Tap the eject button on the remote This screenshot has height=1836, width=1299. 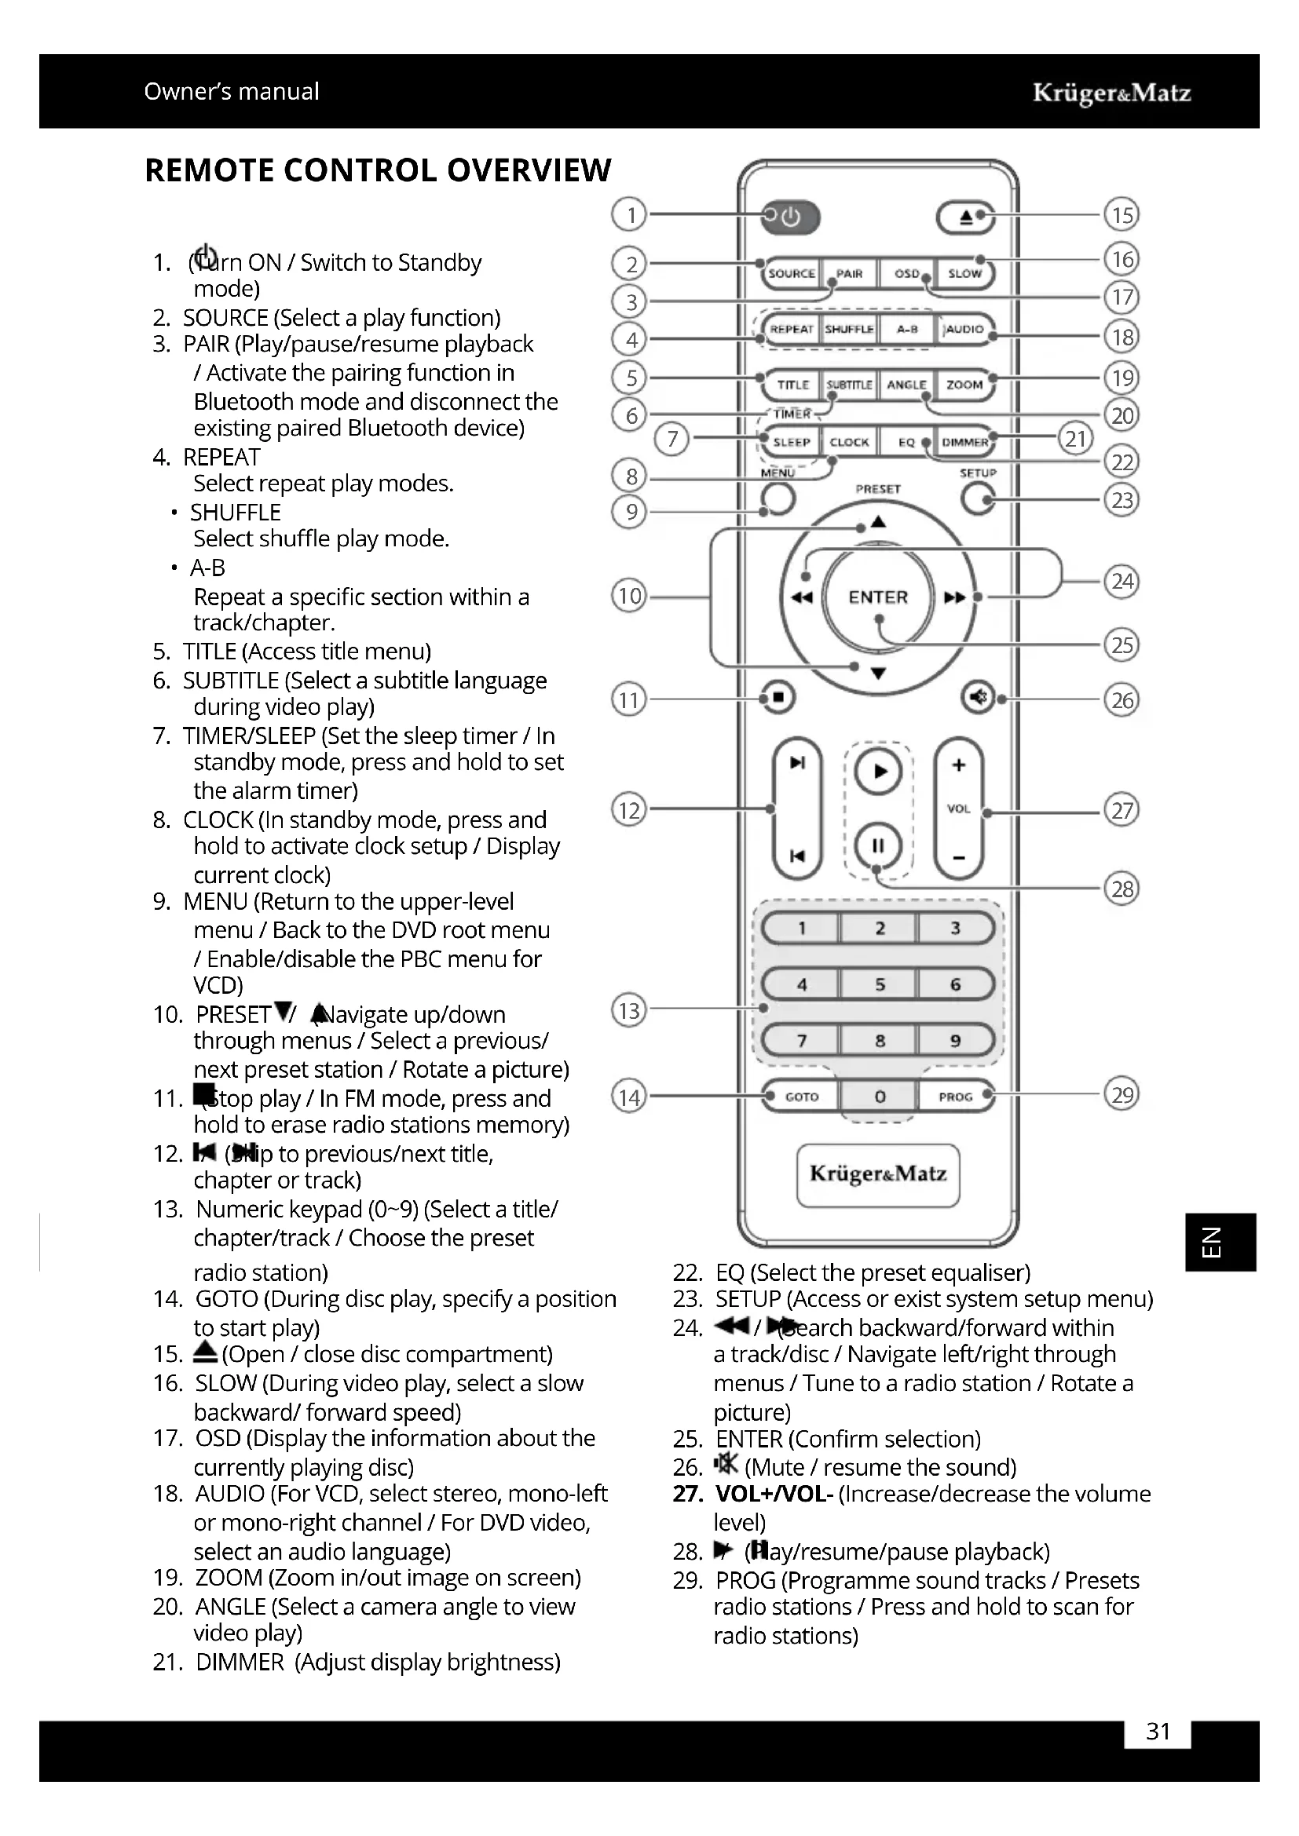965,217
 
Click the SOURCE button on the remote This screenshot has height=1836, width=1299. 791,273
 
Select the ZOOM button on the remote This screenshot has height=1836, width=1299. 964,385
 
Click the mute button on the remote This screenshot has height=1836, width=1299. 978,697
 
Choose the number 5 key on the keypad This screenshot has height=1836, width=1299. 879,984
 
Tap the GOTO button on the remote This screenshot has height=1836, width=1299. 802,1097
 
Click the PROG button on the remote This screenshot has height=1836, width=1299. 955,1097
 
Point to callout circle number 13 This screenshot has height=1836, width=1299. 630,1011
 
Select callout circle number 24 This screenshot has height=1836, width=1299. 1122,582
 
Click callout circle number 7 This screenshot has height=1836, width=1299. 672,439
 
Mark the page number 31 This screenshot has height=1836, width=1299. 1158,1732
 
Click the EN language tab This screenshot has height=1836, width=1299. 1220,1242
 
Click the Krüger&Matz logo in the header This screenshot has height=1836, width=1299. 1111,93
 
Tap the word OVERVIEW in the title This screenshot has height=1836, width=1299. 529,171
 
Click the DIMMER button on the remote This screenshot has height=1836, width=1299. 964,442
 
